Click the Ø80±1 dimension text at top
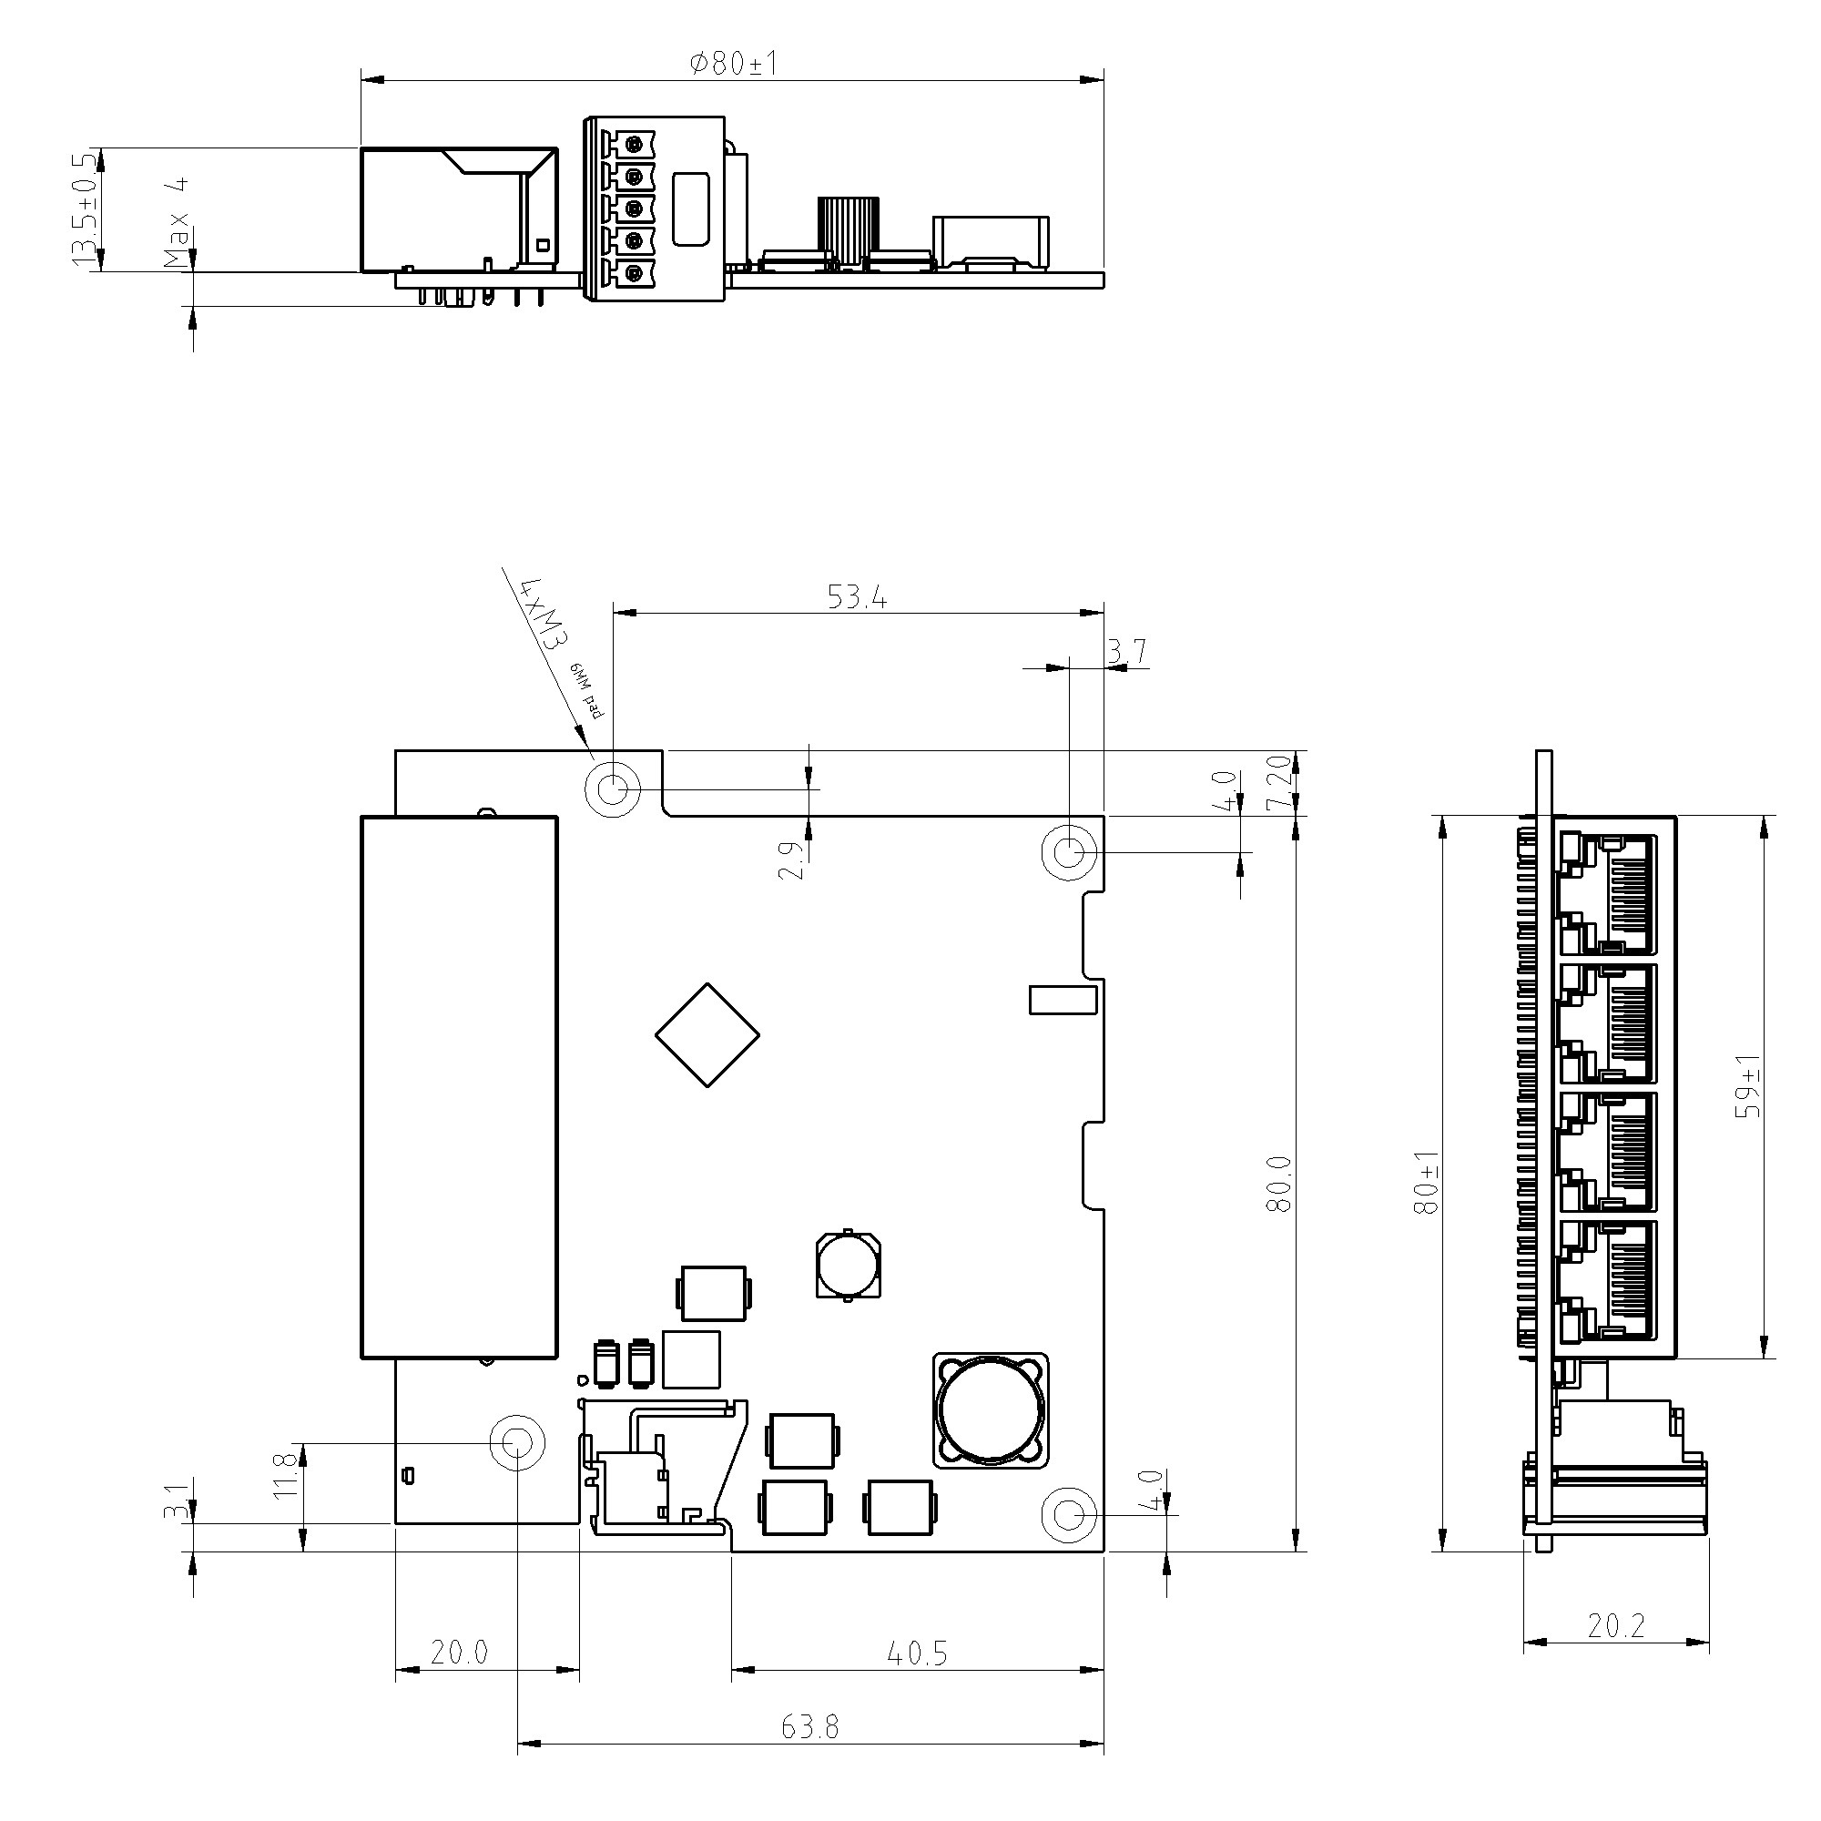pos(733,64)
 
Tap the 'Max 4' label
pos(177,222)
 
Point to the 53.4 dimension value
pos(857,597)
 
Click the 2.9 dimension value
pos(792,860)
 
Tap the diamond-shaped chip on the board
pos(707,1035)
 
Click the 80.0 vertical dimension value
pos(1279,1184)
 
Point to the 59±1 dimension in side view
pos(1748,1086)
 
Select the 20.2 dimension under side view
pos(1615,1626)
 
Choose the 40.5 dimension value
pos(917,1653)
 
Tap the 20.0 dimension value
pos(459,1653)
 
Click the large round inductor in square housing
pos(991,1410)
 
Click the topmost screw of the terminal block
pos(635,144)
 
